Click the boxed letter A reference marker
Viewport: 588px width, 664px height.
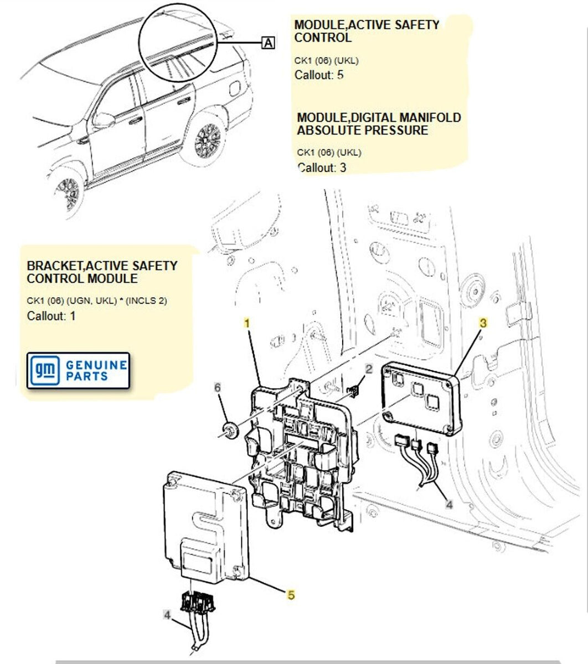[268, 43]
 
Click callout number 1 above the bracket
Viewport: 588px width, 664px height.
[247, 323]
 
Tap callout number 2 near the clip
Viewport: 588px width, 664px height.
[369, 369]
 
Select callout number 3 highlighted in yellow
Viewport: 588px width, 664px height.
[483, 323]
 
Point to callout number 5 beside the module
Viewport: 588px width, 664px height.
[291, 595]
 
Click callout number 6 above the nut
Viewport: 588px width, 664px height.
[218, 388]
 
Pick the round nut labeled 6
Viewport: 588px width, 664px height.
[229, 428]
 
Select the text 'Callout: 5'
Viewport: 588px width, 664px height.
[319, 75]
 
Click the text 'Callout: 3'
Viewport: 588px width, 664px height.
[322, 167]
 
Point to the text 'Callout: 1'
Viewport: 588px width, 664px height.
[51, 316]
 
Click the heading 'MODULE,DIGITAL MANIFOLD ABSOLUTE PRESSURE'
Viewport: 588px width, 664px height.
[379, 124]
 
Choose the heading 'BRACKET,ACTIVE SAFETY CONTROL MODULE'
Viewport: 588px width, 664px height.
[102, 272]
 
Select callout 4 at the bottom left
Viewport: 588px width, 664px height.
[167, 615]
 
